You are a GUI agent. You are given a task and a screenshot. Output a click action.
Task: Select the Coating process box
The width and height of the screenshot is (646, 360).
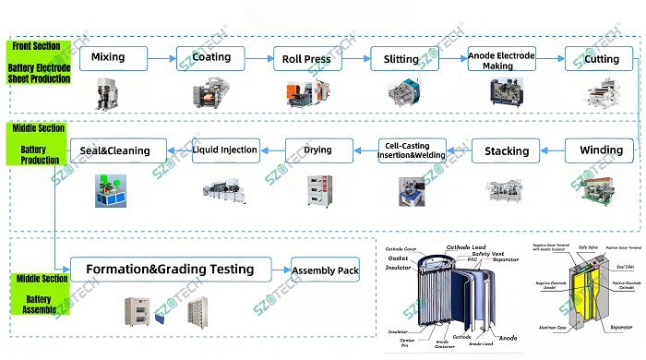point(211,58)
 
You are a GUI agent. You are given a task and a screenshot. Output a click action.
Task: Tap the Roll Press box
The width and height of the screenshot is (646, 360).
point(307,59)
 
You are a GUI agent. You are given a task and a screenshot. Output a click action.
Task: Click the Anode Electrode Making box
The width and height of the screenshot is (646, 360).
point(501,60)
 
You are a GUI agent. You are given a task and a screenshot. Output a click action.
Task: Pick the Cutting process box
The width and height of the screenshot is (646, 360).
point(602,59)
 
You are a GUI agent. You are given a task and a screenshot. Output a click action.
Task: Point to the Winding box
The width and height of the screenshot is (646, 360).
point(601,150)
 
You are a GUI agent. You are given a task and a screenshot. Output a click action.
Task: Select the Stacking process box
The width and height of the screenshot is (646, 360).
point(506,150)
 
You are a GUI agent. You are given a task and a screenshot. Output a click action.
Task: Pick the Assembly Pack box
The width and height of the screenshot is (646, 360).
point(325,270)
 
